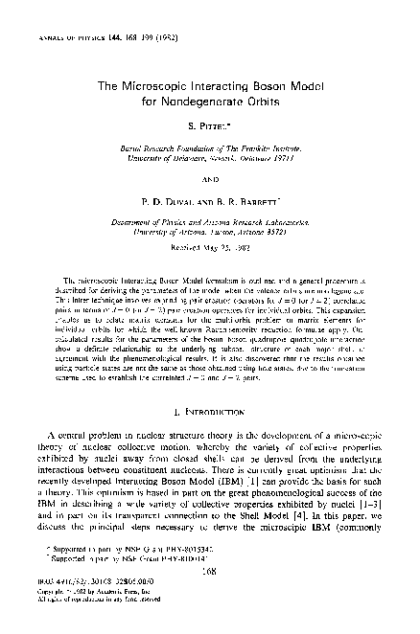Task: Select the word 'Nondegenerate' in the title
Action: coord(220,103)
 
